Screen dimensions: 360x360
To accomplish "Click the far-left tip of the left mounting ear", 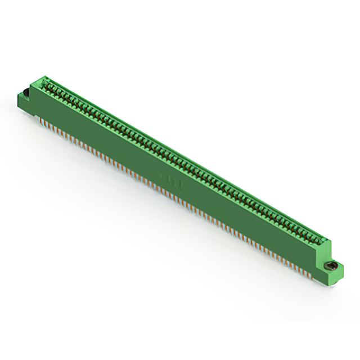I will click(x=19, y=97).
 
